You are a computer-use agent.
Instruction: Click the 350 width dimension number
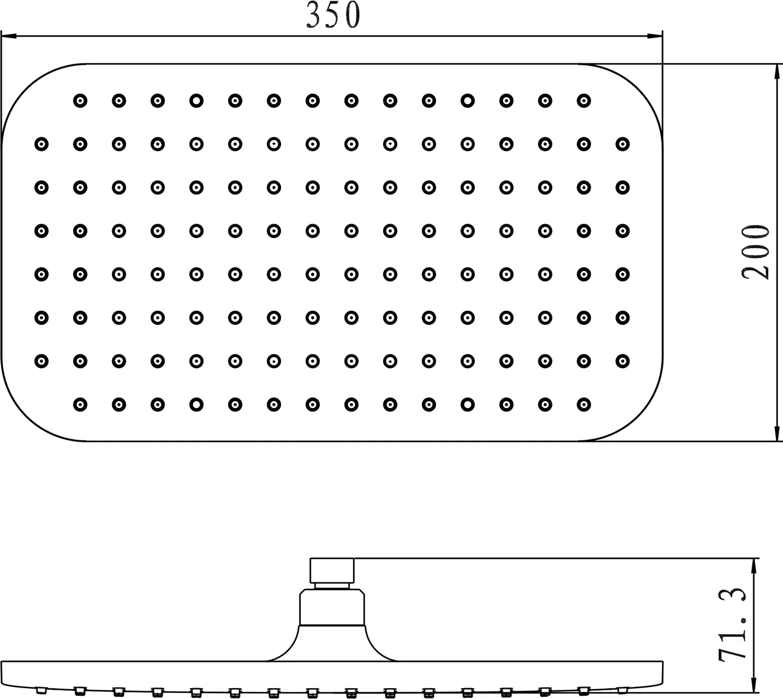[333, 16]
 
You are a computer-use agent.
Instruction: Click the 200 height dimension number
[756, 252]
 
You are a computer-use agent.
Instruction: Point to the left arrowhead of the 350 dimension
[8, 37]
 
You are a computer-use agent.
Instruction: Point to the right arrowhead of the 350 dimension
[655, 37]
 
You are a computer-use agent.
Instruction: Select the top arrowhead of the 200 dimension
[777, 71]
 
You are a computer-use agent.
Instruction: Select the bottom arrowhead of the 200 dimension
[777, 433]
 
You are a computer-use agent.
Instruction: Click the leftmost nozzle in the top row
[80, 101]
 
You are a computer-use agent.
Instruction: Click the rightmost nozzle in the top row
[584, 101]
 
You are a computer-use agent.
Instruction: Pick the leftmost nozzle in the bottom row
[80, 405]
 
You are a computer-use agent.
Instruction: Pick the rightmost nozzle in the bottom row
[584, 405]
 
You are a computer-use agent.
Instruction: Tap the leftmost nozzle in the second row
[41, 144]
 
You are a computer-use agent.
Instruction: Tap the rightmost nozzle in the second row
[623, 144]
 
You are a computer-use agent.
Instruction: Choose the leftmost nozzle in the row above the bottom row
[41, 361]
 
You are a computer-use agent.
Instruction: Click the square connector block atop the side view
[332, 570]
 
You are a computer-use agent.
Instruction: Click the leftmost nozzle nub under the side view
[41, 690]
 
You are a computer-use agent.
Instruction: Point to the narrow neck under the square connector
[332, 586]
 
